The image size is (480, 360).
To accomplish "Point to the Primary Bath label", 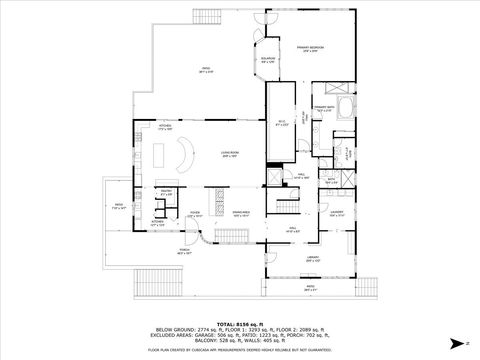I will tap(322, 107).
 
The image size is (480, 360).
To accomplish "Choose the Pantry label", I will tap(165, 192).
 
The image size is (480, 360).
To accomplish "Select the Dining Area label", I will tap(241, 213).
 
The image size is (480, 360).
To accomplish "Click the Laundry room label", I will tap(337, 213).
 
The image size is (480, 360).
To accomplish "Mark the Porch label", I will tap(185, 252).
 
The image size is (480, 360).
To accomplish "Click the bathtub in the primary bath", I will tap(346, 108).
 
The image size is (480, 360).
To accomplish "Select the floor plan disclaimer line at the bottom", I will tap(239, 350).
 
